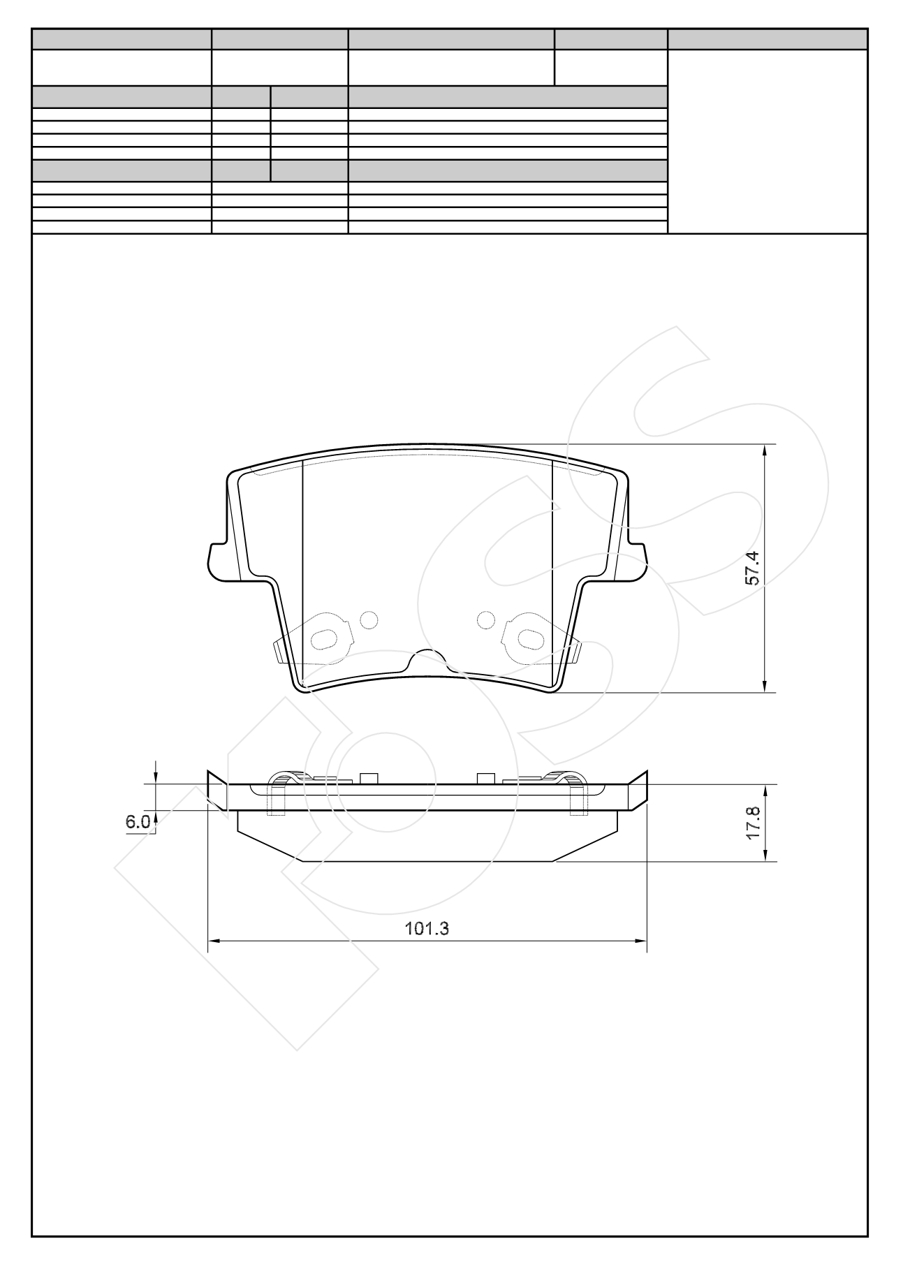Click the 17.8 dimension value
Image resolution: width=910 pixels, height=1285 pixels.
[x=752, y=824]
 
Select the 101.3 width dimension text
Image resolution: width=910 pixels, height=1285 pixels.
[x=427, y=928]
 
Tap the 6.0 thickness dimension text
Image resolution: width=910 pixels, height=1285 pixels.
[x=137, y=822]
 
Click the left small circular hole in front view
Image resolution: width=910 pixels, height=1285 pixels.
[x=369, y=619]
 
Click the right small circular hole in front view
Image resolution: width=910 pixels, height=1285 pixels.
[x=486, y=619]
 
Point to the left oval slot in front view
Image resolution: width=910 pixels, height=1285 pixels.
[x=323, y=638]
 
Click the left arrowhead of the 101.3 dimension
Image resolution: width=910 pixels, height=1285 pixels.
[x=214, y=941]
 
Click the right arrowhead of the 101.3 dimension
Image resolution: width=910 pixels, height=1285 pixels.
[x=642, y=941]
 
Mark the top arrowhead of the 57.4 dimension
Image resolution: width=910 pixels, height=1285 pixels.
[x=765, y=450]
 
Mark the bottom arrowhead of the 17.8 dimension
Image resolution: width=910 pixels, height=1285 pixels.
[x=765, y=856]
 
